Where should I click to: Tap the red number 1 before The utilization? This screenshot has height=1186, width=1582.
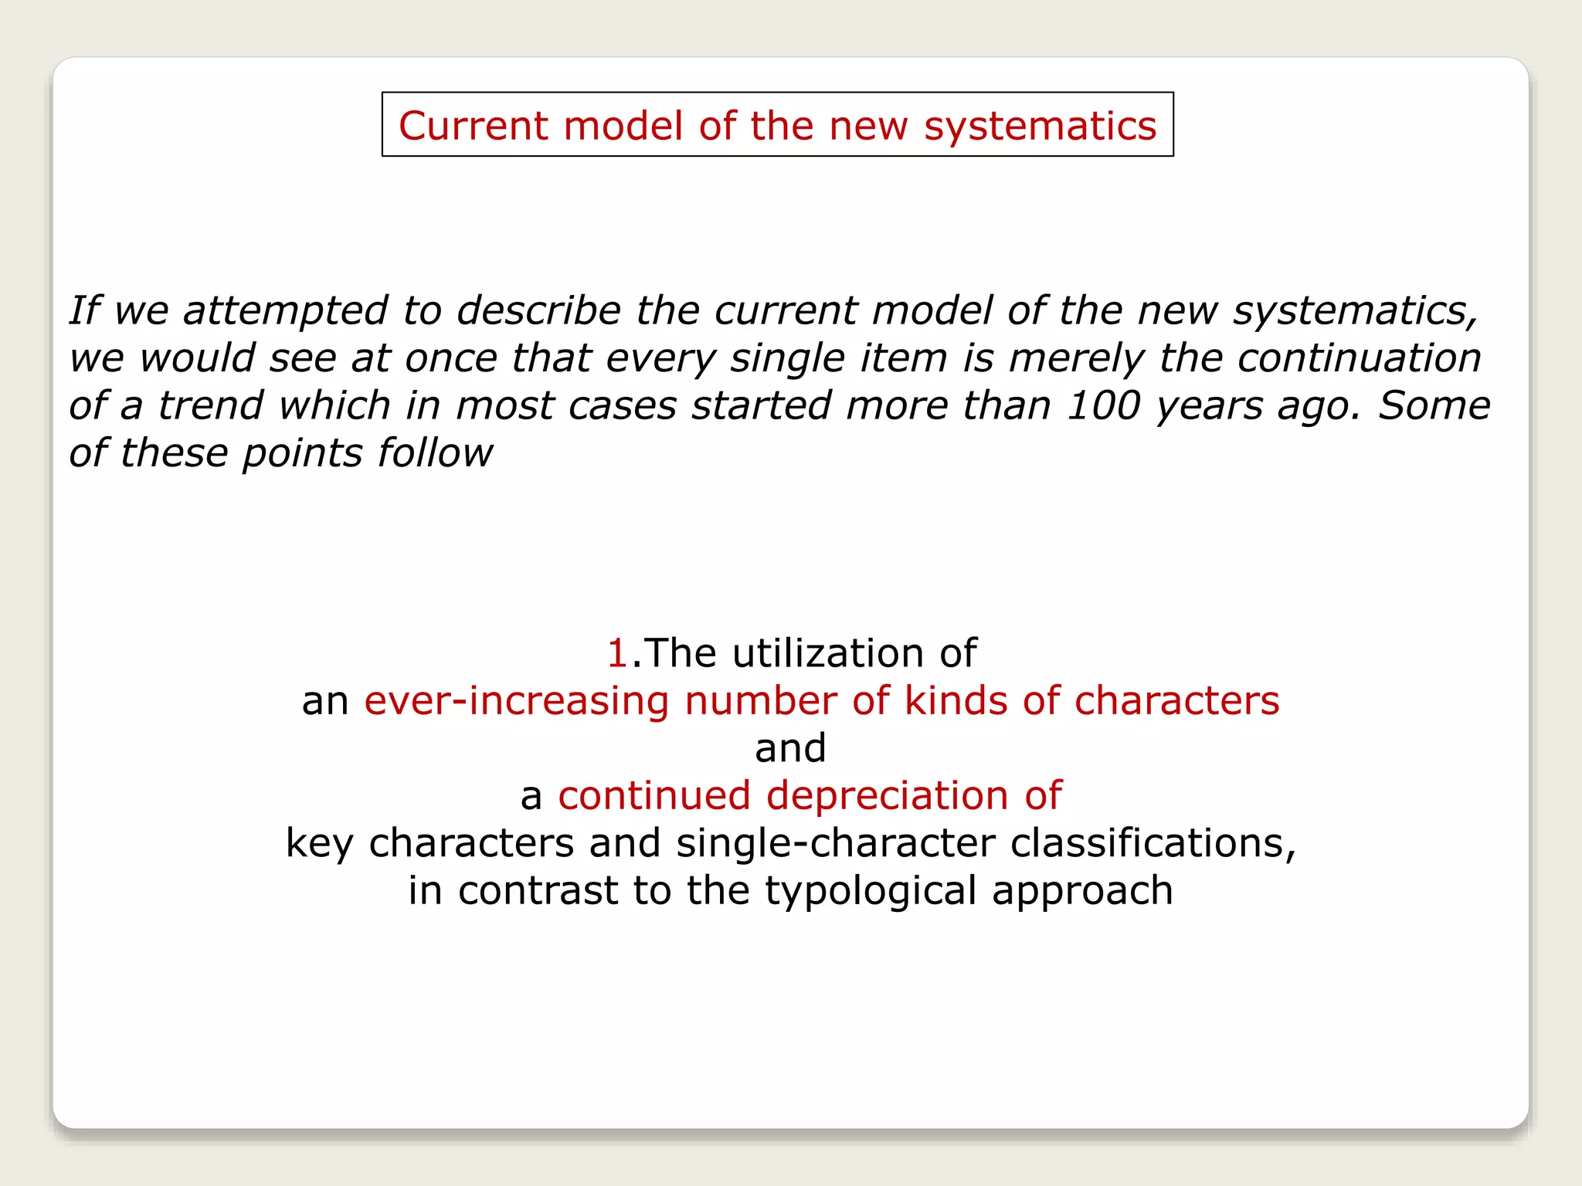pyautogui.click(x=616, y=653)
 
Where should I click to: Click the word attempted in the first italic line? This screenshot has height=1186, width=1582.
pyautogui.click(x=285, y=311)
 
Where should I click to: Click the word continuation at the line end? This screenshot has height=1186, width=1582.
pyautogui.click(x=1359, y=358)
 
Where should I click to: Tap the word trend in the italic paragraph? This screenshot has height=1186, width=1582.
pyautogui.click(x=210, y=405)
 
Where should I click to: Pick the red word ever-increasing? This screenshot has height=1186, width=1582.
pyautogui.click(x=516, y=701)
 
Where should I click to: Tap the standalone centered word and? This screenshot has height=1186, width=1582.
pyautogui.click(x=790, y=748)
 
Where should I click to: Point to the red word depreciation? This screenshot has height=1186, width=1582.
pyautogui.click(x=887, y=796)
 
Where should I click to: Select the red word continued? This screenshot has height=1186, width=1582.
pyautogui.click(x=654, y=796)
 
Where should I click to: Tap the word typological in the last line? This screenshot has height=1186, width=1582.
pyautogui.click(x=871, y=891)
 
